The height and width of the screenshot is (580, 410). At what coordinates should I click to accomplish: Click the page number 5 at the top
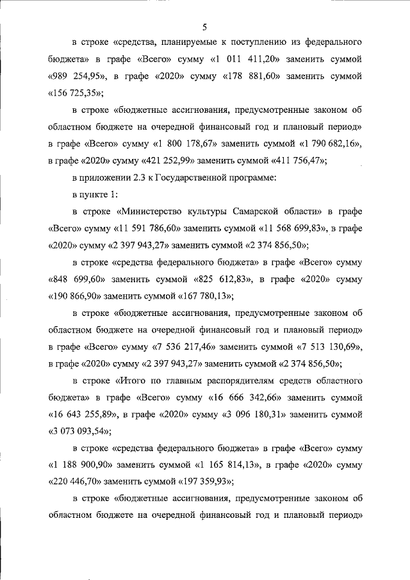click(x=204, y=26)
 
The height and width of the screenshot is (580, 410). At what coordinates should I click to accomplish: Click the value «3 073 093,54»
click(x=79, y=431)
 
